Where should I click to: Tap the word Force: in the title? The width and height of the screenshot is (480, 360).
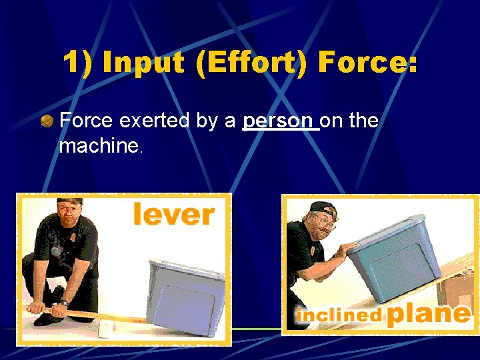point(367,63)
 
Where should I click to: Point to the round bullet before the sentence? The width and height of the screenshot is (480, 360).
point(47,121)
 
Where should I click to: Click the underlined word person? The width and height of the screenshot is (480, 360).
point(279,121)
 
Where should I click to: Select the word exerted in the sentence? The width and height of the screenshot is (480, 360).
point(153,121)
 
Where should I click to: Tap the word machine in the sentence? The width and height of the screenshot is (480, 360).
point(97,146)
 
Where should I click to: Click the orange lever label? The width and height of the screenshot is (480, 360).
point(174,215)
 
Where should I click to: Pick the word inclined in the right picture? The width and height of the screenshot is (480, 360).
point(339,315)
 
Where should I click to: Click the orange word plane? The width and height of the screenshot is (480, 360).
point(428,313)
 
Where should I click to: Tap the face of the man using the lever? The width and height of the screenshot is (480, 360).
point(69,216)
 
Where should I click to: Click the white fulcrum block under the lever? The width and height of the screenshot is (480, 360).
point(107,329)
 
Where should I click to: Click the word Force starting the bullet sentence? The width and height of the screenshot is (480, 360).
point(87,121)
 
